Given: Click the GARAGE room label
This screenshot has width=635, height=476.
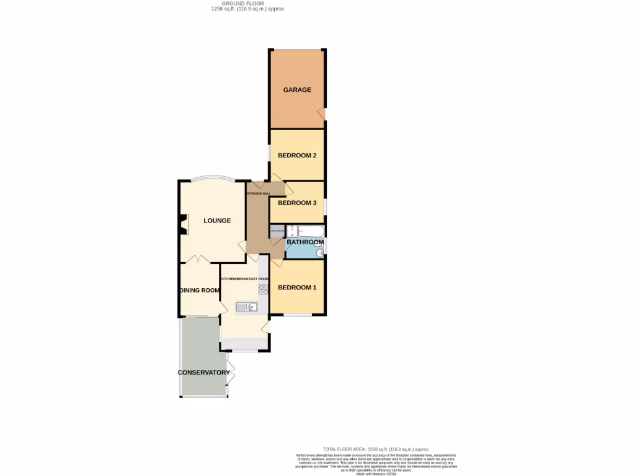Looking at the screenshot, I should click(297, 90).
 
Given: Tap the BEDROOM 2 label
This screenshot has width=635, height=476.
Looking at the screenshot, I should click(297, 156).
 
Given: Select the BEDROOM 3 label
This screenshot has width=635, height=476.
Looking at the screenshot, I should click(297, 203).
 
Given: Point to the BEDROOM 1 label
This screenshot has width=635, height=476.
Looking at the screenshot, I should click(297, 288).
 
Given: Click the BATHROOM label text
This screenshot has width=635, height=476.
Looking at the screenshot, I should click(305, 242).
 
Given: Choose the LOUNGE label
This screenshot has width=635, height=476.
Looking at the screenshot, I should click(217, 221).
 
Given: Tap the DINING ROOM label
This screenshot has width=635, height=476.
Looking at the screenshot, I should click(200, 290).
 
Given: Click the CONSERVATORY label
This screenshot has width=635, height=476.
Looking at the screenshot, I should click(203, 372).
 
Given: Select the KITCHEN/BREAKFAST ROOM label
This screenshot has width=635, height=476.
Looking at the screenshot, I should click(244, 279).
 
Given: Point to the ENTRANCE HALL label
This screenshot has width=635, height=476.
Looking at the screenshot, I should click(258, 194).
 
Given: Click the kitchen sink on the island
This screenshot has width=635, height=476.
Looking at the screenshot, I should click(246, 306).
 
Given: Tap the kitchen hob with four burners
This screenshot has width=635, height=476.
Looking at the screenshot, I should click(263, 289).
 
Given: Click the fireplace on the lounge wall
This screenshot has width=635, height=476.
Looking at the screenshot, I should click(183, 224).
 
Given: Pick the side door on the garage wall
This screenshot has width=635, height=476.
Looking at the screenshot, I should click(321, 113).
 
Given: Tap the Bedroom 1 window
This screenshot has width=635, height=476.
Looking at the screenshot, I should click(298, 315).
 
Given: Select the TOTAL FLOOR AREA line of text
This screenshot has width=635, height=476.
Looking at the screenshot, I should click(376, 449).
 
